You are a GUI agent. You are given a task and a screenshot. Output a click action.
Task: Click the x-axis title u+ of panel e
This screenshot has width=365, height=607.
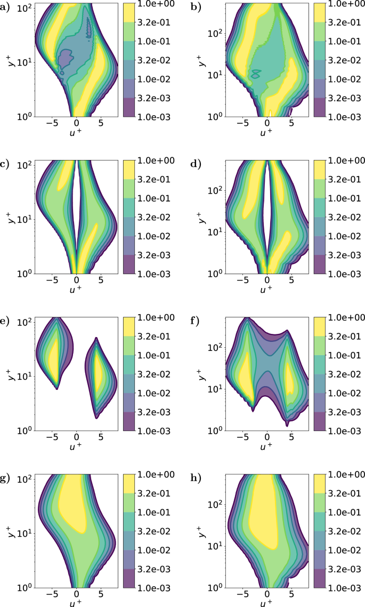(x=76, y=445)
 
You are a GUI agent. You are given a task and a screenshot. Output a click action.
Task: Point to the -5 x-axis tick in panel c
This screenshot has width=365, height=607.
(x=53, y=279)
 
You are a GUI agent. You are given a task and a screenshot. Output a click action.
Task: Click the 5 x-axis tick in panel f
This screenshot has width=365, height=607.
(x=291, y=436)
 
